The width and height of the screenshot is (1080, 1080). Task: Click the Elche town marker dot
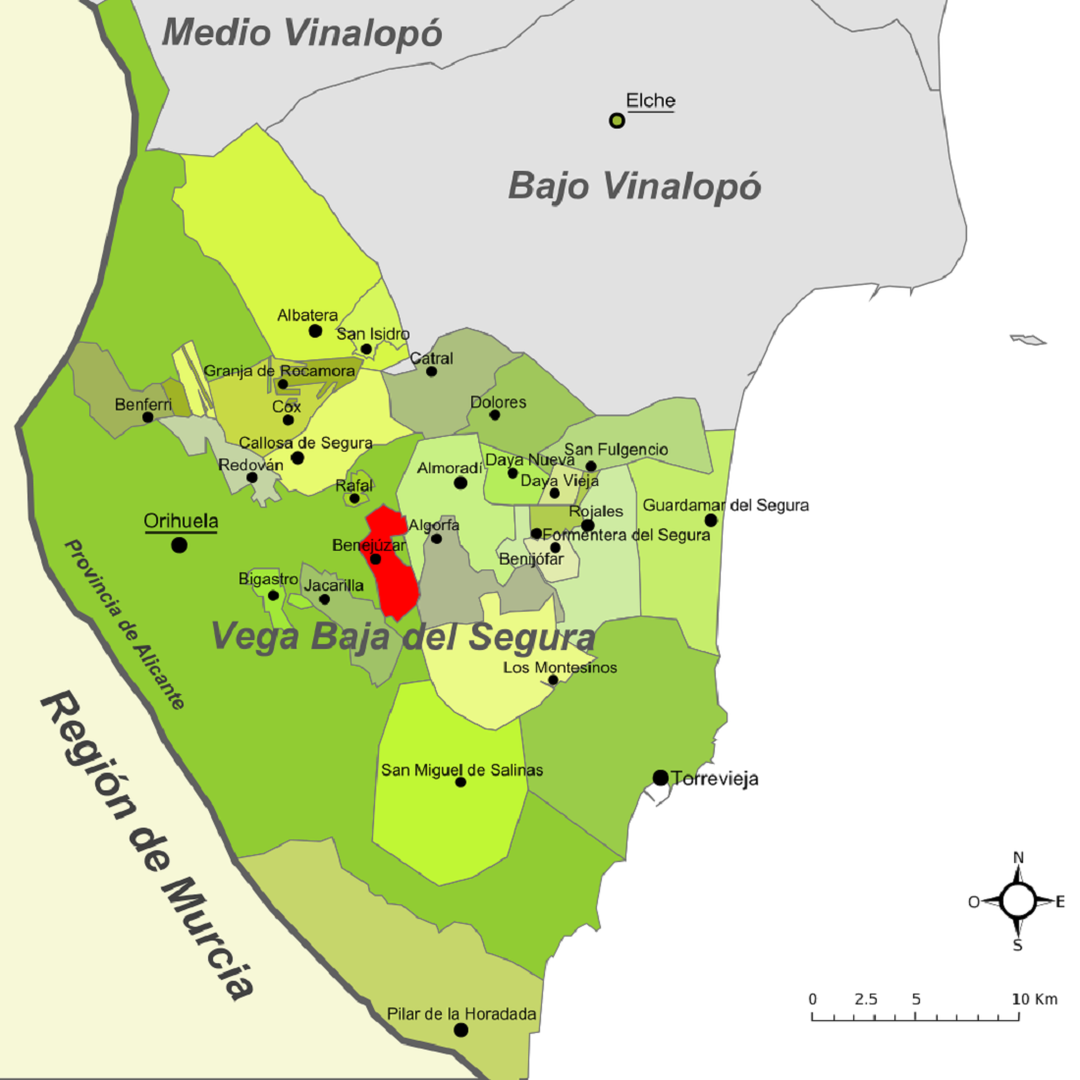pyautogui.click(x=617, y=121)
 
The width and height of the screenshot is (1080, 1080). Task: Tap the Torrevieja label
pyautogui.click(x=715, y=780)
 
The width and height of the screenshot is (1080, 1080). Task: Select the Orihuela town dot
pyautogui.click(x=179, y=544)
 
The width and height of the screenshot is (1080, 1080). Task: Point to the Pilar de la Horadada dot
pyautogui.click(x=460, y=1030)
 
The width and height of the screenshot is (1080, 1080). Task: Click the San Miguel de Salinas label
pyautogui.click(x=461, y=770)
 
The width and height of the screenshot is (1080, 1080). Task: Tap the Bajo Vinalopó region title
pyautogui.click(x=634, y=187)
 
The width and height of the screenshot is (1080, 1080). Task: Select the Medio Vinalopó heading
pyautogui.click(x=301, y=32)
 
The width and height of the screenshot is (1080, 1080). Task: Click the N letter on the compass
pyautogui.click(x=1018, y=857)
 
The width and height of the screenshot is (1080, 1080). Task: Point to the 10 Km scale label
pyautogui.click(x=1035, y=999)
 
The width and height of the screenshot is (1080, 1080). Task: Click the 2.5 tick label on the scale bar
pyautogui.click(x=866, y=999)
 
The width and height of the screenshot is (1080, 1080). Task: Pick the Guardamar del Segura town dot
pyautogui.click(x=711, y=520)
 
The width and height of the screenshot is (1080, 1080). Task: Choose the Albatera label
pyautogui.click(x=307, y=315)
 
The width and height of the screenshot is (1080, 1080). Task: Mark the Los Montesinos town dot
pyautogui.click(x=553, y=680)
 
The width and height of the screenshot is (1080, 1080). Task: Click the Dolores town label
pyautogui.click(x=498, y=402)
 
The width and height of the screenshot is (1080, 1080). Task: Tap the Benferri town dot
pyautogui.click(x=147, y=417)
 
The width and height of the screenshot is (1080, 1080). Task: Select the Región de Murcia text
pyautogui.click(x=147, y=844)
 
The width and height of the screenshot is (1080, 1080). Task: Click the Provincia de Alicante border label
pyautogui.click(x=124, y=623)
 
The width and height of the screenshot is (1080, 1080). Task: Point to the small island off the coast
pyautogui.click(x=1028, y=340)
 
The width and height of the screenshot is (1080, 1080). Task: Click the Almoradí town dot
pyautogui.click(x=460, y=483)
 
